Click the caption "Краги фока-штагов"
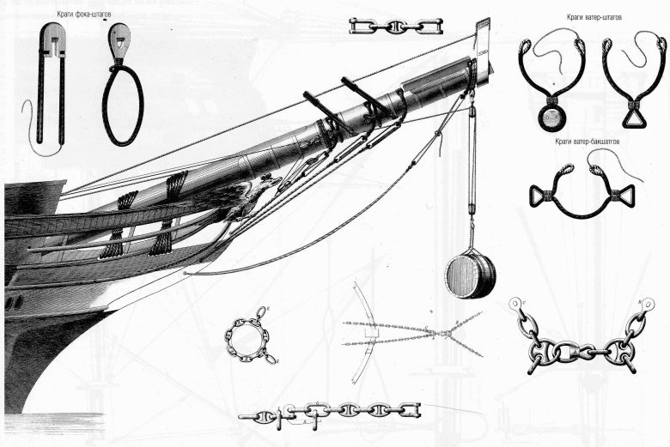click(x=84, y=15)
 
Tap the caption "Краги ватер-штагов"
click(x=594, y=17)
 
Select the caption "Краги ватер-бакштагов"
click(x=588, y=142)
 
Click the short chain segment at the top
click(x=396, y=26)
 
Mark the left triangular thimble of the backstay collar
click(x=540, y=196)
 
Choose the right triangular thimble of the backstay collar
click(x=624, y=197)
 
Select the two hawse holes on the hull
click(x=14, y=302)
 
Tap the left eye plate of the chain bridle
click(x=515, y=305)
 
